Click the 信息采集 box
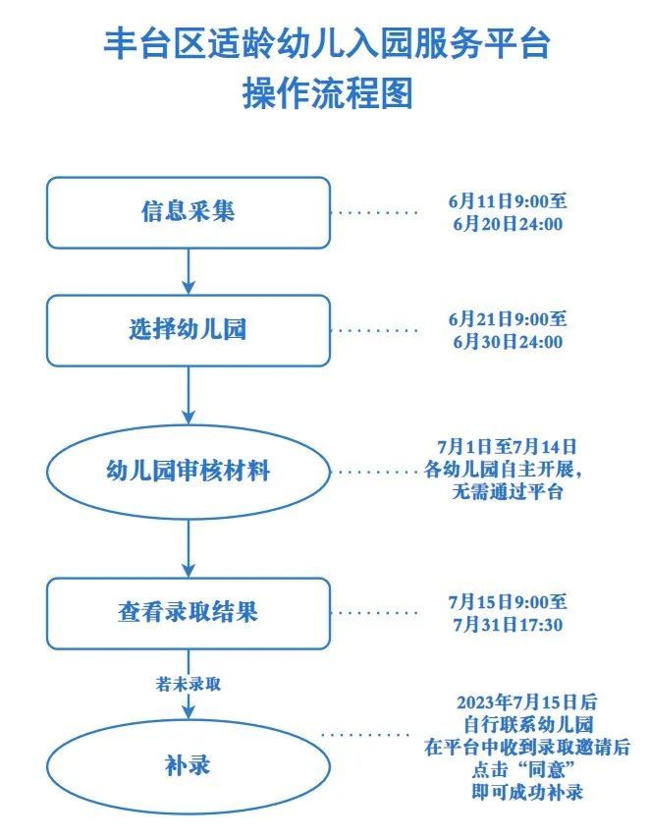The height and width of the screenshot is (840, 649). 188,212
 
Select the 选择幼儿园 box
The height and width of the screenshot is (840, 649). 188,330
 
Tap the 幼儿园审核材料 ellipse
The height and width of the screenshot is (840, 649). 188,472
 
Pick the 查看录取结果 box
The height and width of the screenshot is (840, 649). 188,613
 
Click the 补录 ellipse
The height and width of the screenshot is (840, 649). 188,764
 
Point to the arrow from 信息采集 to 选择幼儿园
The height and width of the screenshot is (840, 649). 188,271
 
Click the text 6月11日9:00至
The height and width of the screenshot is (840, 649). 507,200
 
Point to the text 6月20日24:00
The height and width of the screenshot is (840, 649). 507,224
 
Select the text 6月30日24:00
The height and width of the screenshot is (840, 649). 507,342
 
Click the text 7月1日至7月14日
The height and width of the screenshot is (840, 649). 507,447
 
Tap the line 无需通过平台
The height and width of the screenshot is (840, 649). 507,493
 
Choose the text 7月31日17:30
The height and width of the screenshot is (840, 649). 507,625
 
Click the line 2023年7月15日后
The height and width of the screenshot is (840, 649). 527,702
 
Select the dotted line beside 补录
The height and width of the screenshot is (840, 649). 365,735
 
